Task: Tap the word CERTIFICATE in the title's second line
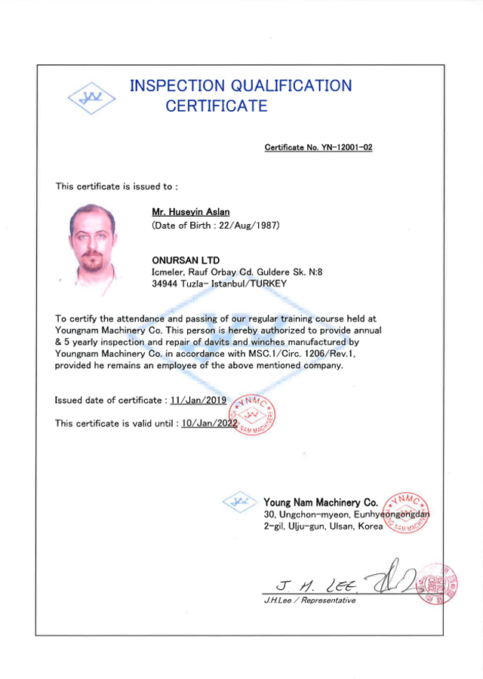point(217,106)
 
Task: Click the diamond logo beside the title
point(91,97)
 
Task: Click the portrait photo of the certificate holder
point(92,244)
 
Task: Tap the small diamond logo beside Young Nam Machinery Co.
point(241,502)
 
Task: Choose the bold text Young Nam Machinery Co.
point(321,502)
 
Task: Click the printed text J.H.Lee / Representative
point(309,601)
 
